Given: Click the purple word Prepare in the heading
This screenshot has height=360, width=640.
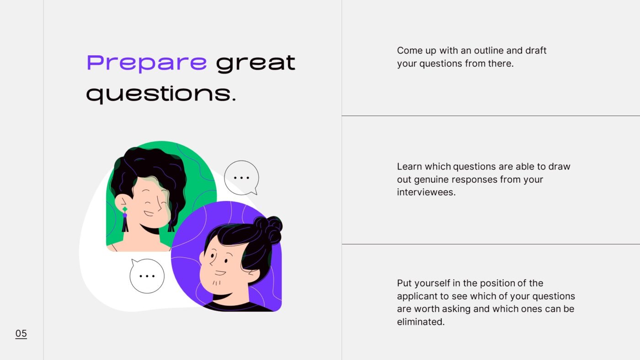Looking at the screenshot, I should (x=147, y=63).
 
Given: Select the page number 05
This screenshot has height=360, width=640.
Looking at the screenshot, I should (x=21, y=334).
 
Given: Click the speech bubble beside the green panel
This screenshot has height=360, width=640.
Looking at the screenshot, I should (x=241, y=178).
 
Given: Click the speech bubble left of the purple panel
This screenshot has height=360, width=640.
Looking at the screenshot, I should (x=147, y=276).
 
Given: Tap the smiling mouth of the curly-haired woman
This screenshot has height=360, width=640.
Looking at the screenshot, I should (x=148, y=213).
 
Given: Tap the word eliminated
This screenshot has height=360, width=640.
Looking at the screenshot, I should (x=421, y=322).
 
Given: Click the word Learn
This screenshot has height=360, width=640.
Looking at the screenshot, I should (x=410, y=166).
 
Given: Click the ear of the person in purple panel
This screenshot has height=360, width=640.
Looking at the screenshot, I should (x=203, y=258).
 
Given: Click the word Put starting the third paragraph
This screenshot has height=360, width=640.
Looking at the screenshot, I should (x=404, y=283).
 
